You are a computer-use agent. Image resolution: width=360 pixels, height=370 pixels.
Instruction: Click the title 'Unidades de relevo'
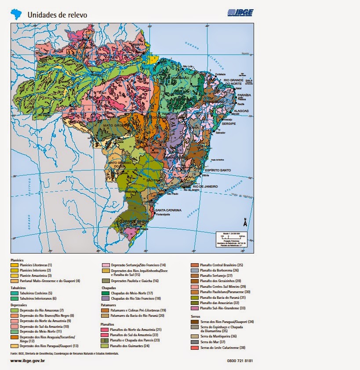[x=57, y=15]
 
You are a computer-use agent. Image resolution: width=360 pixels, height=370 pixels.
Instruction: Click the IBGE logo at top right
[x=240, y=13]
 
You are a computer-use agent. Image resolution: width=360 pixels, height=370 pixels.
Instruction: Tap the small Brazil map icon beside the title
[x=17, y=14]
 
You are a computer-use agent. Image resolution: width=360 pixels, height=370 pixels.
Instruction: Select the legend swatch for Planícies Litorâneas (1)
[x=15, y=265]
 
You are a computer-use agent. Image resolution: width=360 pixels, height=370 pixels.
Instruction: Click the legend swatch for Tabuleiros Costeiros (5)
[x=15, y=293]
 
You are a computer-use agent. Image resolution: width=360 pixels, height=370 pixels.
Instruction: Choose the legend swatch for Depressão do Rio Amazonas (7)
[x=15, y=310]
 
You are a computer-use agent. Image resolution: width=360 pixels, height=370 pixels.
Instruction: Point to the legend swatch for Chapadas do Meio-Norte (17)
[x=105, y=293]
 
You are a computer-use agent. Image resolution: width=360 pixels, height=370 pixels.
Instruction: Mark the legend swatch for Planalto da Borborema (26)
[x=195, y=270]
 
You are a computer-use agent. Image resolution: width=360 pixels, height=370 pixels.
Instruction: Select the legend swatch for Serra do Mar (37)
[x=195, y=342]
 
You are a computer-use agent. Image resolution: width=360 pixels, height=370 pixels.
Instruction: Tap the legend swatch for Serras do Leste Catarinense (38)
[x=195, y=348]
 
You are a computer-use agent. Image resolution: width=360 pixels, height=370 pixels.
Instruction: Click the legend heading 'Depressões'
[x=18, y=305]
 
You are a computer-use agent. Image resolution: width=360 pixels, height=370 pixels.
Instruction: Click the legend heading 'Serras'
[x=196, y=316]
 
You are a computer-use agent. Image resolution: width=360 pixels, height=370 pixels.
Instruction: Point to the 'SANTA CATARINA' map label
[x=168, y=210]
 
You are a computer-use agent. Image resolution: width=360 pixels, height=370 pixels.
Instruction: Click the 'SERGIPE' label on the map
[x=229, y=124]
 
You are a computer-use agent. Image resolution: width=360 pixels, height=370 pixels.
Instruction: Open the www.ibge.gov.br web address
[x=28, y=361]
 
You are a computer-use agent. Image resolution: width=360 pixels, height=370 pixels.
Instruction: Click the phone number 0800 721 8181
[x=240, y=361]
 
